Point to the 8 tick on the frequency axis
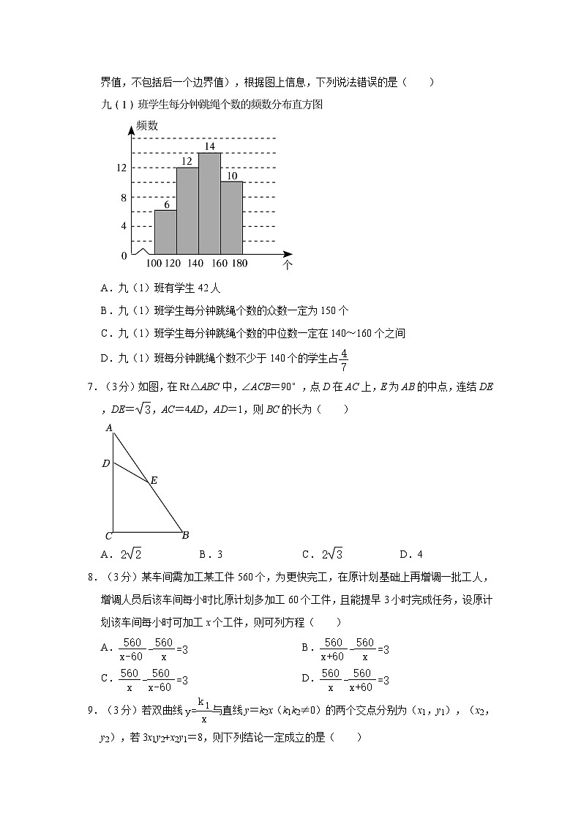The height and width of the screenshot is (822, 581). (124, 197)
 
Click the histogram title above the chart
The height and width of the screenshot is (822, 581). (212, 104)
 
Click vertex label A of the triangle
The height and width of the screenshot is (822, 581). (108, 427)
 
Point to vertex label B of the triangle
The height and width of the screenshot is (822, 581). (186, 535)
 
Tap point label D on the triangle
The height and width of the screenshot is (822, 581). (106, 463)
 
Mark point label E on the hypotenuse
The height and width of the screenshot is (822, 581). (153, 481)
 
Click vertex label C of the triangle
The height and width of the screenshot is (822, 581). (108, 535)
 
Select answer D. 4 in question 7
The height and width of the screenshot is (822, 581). (411, 554)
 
